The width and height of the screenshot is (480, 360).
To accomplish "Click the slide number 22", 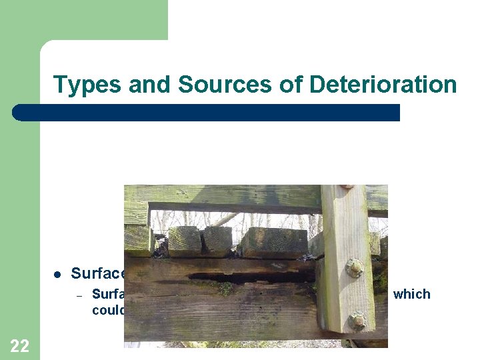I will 20,345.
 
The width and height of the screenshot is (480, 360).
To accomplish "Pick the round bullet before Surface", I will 57,274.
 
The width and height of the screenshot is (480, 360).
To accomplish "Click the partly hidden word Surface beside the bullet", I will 97,273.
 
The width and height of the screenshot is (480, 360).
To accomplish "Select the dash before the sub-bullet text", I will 78,295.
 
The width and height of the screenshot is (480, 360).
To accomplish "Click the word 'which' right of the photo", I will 411,294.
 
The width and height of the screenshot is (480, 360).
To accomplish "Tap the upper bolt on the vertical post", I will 355,268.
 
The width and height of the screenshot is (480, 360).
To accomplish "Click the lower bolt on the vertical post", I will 357,319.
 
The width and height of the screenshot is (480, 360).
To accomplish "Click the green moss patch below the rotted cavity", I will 227,289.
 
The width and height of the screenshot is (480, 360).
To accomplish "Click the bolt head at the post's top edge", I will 347,187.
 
